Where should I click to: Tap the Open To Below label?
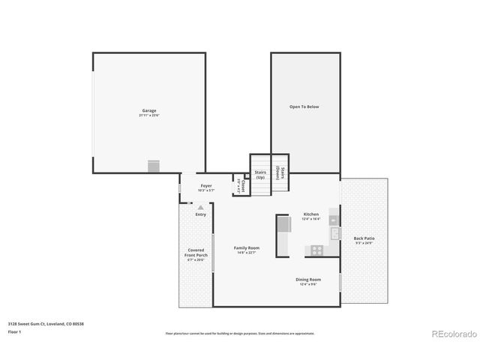click(x=304, y=107)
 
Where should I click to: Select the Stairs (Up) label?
click(x=260, y=175)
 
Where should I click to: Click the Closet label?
click(x=241, y=184)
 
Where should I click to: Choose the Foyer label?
click(x=205, y=187)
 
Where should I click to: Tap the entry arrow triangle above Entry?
click(x=200, y=208)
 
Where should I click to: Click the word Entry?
click(x=201, y=215)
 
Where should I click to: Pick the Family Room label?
click(x=246, y=250)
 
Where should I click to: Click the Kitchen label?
click(x=310, y=216)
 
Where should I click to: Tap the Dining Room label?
click(x=308, y=281)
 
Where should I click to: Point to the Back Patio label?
click(x=364, y=241)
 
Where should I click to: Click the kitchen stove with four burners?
click(x=317, y=250)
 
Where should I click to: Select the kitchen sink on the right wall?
click(x=334, y=233)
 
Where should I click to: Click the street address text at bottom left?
click(x=40, y=323)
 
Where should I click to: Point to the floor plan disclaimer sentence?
click(x=240, y=333)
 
